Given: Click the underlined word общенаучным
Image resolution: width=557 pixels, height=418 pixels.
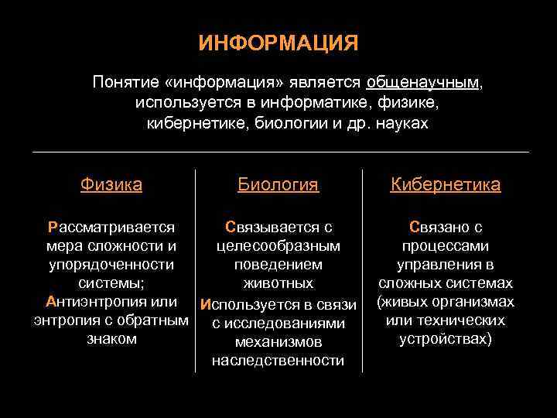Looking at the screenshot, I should pos(422,82).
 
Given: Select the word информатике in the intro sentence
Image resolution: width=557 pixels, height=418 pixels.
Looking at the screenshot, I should pos(293,102).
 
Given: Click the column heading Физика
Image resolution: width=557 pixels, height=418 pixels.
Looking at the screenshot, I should pos(111,184).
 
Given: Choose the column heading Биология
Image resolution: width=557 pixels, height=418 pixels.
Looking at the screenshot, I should pos(278,184).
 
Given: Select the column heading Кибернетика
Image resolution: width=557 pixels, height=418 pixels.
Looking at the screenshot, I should pos(446,184).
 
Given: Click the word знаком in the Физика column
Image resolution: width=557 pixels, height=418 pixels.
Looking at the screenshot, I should pos(111,339).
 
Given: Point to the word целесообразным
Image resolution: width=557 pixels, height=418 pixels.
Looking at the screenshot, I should pos(278,246).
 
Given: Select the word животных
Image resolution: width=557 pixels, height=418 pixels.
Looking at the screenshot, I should pos(278,283).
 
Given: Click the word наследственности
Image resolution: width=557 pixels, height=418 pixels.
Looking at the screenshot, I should pos(278,360).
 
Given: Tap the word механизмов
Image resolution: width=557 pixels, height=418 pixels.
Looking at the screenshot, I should pos(278,341).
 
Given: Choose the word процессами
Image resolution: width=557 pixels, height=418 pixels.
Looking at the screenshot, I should pos(446,246).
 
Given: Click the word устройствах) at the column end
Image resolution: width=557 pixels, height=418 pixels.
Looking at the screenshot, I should pos(446,339).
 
